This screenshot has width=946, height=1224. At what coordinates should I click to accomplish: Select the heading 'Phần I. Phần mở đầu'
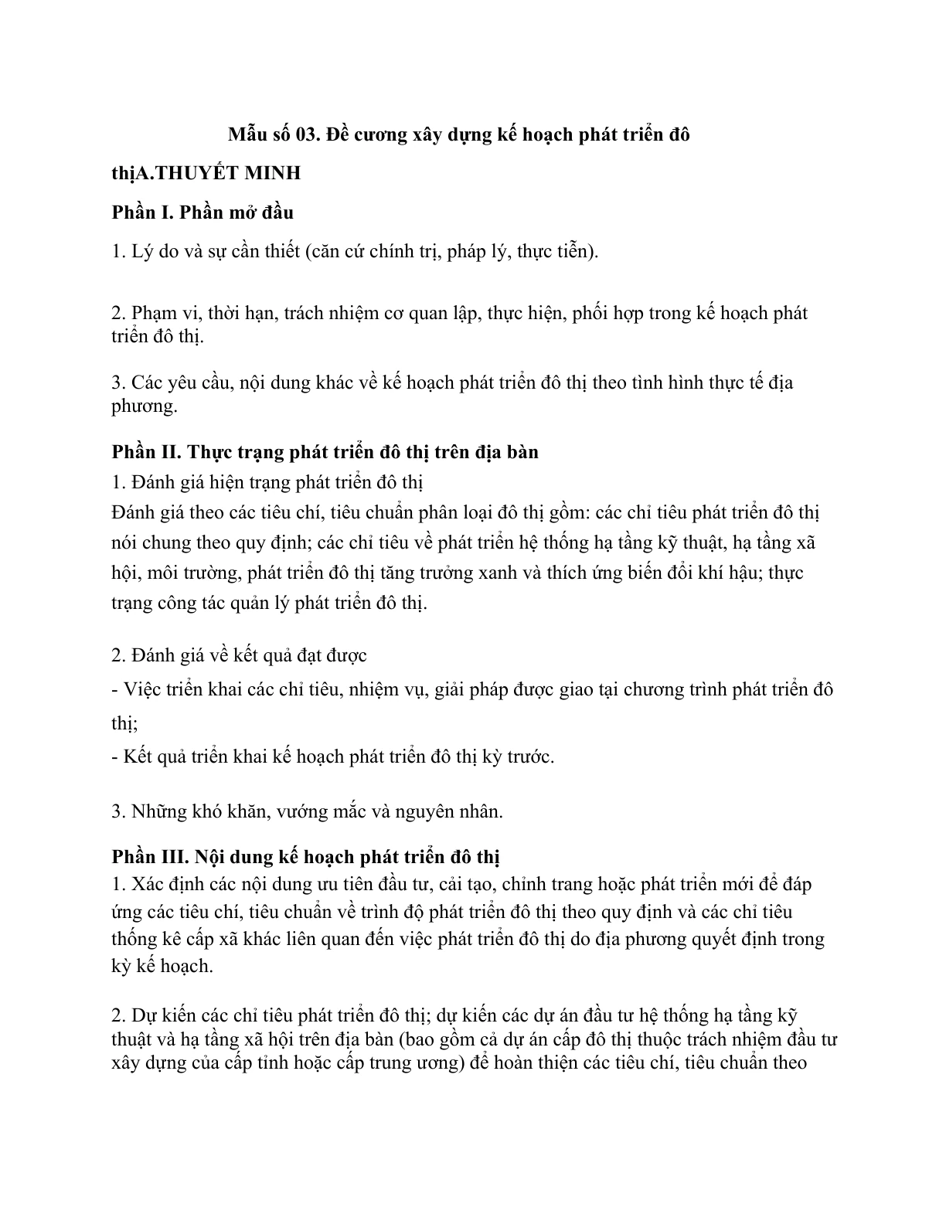tap(202, 211)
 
